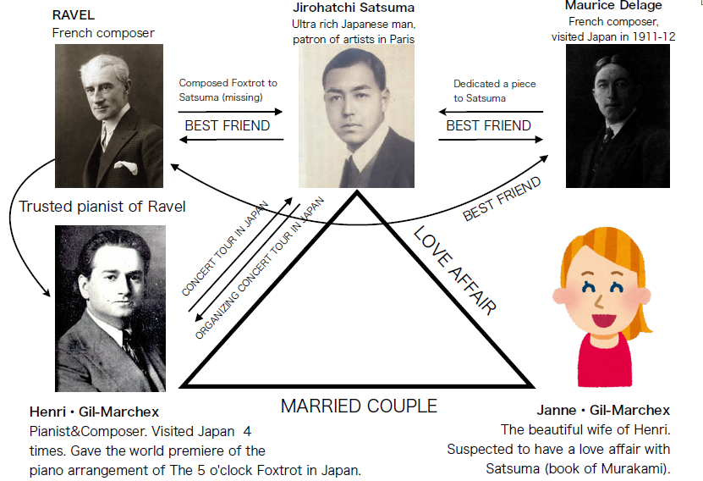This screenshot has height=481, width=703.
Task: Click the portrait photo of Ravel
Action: pos(108,115)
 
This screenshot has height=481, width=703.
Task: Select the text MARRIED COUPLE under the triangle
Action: pos(359,406)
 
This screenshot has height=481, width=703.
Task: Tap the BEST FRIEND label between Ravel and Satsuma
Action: pos(227,126)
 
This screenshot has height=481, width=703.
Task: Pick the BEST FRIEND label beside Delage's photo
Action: pos(488,126)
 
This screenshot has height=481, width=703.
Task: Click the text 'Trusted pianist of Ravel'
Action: pos(101,207)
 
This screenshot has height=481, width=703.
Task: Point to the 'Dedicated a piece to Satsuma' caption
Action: pos(494,91)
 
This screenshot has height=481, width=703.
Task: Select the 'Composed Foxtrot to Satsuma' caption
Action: pos(228,90)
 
